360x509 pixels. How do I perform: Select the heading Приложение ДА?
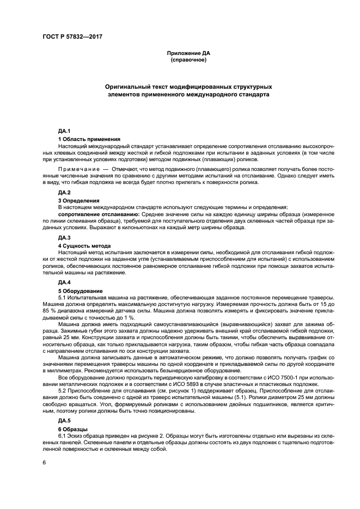point(188,53)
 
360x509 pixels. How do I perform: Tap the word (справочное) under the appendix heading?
point(188,59)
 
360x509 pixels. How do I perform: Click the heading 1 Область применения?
point(89,139)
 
